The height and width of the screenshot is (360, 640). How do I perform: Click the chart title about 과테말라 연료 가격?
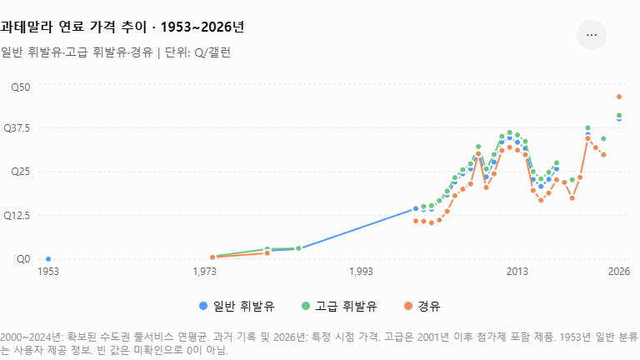[122, 27]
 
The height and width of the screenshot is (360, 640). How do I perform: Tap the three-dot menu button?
[592, 35]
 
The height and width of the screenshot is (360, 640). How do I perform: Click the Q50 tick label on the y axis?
[20, 87]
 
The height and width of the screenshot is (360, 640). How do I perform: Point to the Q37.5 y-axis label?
[17, 128]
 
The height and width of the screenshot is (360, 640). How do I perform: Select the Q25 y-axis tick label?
[20, 171]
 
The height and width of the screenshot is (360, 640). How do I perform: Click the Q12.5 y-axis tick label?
[17, 215]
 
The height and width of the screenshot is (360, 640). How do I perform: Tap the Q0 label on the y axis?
[23, 259]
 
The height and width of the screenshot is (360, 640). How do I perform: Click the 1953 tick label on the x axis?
[48, 272]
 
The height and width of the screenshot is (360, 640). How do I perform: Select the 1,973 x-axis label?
[204, 272]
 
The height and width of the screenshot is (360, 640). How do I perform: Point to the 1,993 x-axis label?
[361, 272]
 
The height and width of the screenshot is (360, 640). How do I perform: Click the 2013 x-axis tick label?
[517, 272]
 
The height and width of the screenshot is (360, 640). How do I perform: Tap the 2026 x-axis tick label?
[619, 272]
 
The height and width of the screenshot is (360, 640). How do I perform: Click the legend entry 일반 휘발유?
[237, 306]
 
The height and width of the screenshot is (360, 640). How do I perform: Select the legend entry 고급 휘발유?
[339, 306]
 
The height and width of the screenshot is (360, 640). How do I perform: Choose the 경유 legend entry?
[422, 306]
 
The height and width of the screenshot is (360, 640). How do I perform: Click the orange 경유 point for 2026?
[619, 97]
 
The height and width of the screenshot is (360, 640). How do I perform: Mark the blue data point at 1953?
[48, 259]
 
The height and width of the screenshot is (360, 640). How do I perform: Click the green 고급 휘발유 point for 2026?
[619, 116]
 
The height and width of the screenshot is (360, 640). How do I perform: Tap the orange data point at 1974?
[212, 257]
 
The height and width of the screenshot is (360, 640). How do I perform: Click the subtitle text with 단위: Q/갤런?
[116, 52]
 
